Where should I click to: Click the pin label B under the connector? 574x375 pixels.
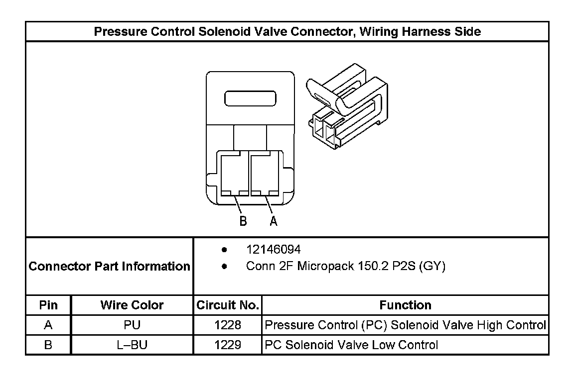243,221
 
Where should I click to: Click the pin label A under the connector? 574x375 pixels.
274,221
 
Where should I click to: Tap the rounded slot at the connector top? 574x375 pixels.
250,98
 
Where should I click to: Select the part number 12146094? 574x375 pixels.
274,249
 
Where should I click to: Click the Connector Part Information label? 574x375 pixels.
110,266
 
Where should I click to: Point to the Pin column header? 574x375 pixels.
48,305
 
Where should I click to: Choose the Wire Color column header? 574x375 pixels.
132,305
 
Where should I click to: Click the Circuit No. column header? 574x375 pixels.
228,305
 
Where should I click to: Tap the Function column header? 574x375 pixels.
405,305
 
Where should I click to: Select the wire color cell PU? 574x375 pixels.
132,325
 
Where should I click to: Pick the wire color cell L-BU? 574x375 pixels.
132,345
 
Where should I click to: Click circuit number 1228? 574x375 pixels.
228,325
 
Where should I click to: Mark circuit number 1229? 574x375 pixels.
228,345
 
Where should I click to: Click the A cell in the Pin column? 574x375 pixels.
48,325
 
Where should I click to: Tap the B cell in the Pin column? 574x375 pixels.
48,345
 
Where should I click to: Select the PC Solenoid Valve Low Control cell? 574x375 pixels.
352,345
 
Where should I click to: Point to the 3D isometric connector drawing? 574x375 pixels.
345,107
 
